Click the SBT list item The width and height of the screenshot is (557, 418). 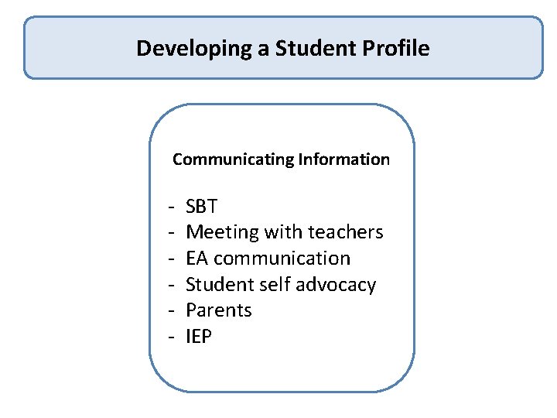tap(202, 207)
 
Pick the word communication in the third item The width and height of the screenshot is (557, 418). tap(282, 259)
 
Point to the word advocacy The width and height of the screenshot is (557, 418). tap(337, 285)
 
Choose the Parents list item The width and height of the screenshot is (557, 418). tap(219, 310)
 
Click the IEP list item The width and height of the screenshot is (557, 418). tap(199, 337)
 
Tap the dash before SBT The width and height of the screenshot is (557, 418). tap(169, 207)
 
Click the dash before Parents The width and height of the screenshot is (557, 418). tap(169, 311)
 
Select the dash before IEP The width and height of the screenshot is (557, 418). tap(169, 337)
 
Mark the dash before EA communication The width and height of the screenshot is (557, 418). tap(169, 259)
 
